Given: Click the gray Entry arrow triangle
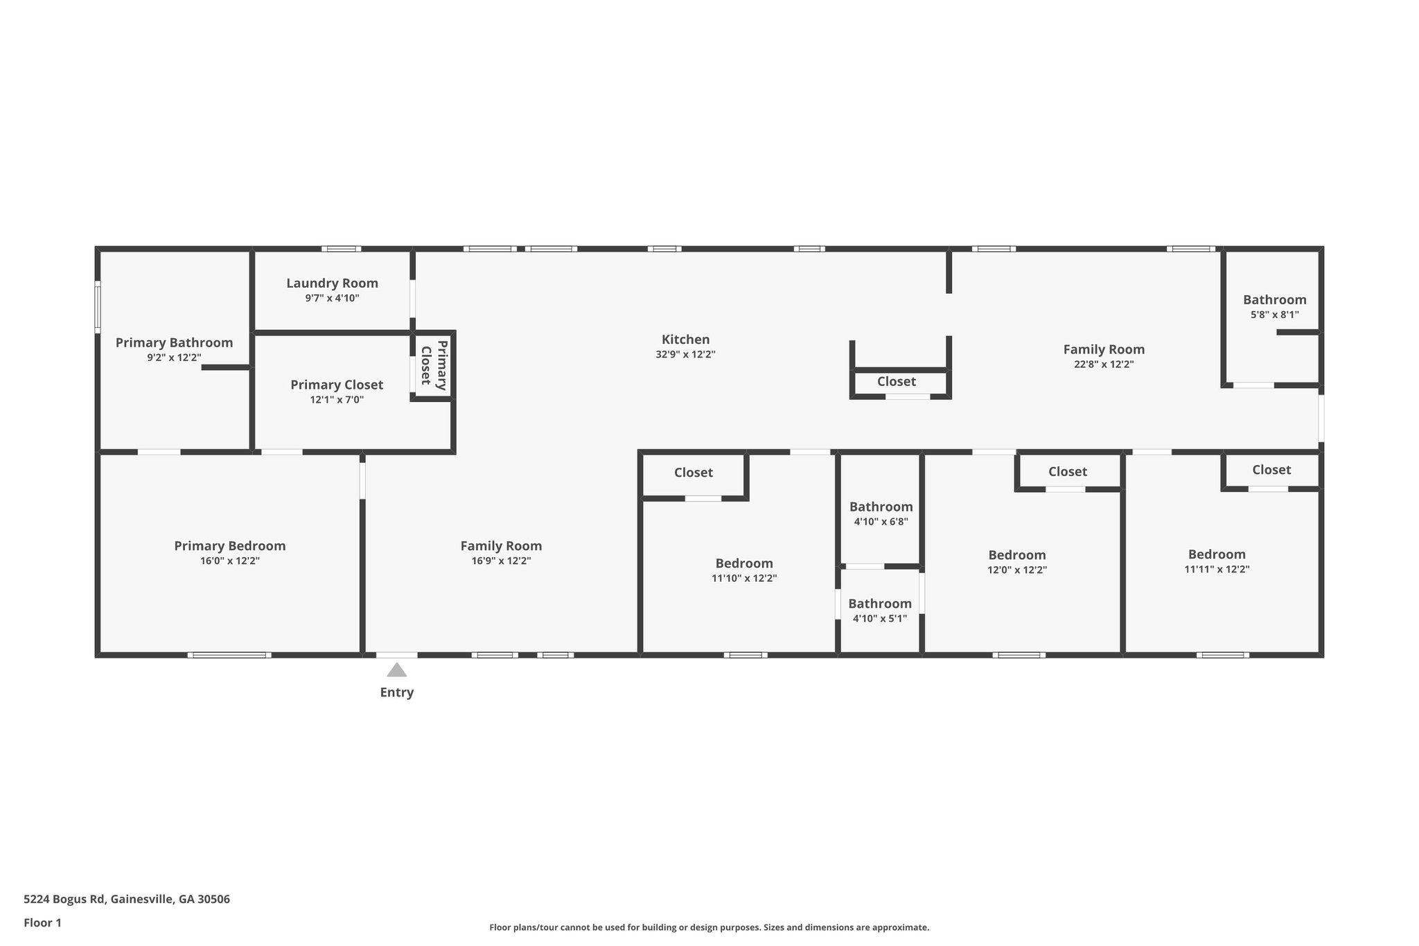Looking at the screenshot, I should coord(396,670).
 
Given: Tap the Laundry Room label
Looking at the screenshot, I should coord(332,283).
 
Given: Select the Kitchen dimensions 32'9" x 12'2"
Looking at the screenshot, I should coord(685,354).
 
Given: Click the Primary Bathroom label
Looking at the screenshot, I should coord(174,342).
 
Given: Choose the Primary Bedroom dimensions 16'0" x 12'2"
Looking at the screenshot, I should coord(229,561).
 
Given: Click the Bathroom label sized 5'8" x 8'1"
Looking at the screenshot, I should coord(1274,299).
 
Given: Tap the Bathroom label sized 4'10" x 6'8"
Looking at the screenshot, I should coord(881,507).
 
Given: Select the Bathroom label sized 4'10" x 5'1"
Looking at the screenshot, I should coord(879,604).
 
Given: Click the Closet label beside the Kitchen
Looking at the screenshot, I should coord(896,381).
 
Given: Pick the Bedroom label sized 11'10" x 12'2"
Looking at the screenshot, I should coord(744,563).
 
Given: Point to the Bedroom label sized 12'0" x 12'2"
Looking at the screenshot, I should coord(1016,555).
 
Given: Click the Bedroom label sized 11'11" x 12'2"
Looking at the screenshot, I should coord(1217,554).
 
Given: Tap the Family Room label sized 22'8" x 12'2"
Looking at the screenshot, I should coord(1104,349).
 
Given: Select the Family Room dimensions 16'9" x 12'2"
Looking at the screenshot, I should coord(501,561).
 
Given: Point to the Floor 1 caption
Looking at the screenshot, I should coord(42,922).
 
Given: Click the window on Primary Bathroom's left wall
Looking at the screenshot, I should coord(98,307).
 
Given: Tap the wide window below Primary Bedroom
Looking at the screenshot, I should coord(229,655).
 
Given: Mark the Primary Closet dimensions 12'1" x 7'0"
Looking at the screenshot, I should coord(336,400).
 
